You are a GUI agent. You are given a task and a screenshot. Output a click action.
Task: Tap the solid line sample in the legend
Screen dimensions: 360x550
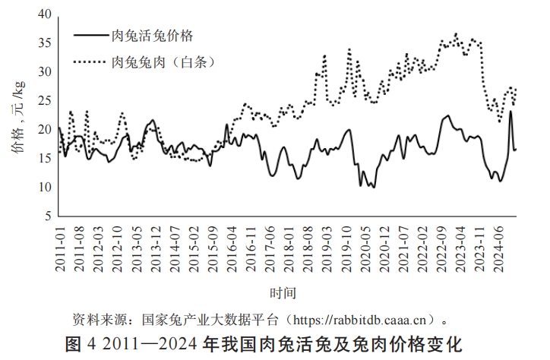point(90,35)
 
